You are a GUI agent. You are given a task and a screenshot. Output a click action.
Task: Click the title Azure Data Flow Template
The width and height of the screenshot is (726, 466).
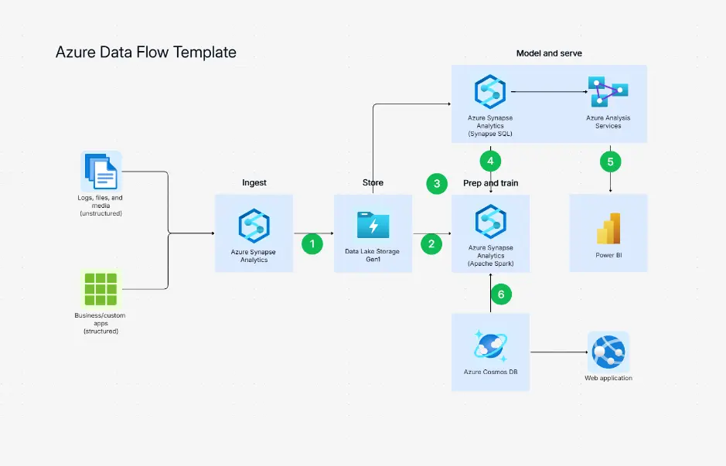(x=146, y=53)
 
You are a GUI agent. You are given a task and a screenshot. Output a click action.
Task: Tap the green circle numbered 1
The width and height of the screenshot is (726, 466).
(x=312, y=243)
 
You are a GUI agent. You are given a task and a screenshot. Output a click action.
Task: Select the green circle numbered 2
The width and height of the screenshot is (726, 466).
(x=431, y=243)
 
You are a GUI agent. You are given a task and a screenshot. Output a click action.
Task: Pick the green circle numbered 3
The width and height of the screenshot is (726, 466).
(x=437, y=184)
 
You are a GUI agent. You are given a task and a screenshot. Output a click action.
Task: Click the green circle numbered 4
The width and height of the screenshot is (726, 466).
(x=490, y=162)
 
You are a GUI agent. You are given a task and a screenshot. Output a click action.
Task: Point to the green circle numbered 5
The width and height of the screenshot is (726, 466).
(x=611, y=162)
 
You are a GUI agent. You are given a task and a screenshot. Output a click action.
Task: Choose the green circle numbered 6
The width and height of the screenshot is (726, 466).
(x=500, y=294)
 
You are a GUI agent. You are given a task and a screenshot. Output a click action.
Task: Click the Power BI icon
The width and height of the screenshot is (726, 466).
(x=609, y=227)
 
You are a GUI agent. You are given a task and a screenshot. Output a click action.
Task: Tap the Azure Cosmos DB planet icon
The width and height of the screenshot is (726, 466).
(x=490, y=346)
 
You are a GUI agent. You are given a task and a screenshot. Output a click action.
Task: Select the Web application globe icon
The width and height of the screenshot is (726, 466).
(x=608, y=352)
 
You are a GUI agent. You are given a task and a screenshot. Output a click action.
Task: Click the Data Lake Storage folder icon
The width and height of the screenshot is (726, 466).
(x=373, y=225)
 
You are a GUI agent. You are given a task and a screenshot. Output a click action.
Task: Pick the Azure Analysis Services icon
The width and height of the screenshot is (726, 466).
(x=607, y=91)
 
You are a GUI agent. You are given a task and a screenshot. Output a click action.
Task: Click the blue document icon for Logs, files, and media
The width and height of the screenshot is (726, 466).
(x=101, y=171)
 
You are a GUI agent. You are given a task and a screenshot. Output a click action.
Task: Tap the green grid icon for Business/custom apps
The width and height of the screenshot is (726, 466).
(x=101, y=288)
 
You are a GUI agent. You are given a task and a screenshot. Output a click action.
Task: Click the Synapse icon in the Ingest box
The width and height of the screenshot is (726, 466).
(x=254, y=225)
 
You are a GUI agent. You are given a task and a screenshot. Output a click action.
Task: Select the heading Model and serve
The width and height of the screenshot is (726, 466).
(x=549, y=53)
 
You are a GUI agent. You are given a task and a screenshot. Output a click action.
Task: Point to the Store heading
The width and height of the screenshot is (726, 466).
(x=373, y=183)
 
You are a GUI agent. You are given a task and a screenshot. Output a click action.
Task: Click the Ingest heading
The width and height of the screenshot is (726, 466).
(x=254, y=183)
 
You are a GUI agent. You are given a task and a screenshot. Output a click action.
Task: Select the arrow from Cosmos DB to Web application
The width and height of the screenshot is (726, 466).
(x=557, y=353)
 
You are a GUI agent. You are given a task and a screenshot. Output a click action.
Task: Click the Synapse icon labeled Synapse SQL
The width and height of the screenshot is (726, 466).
(x=490, y=91)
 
